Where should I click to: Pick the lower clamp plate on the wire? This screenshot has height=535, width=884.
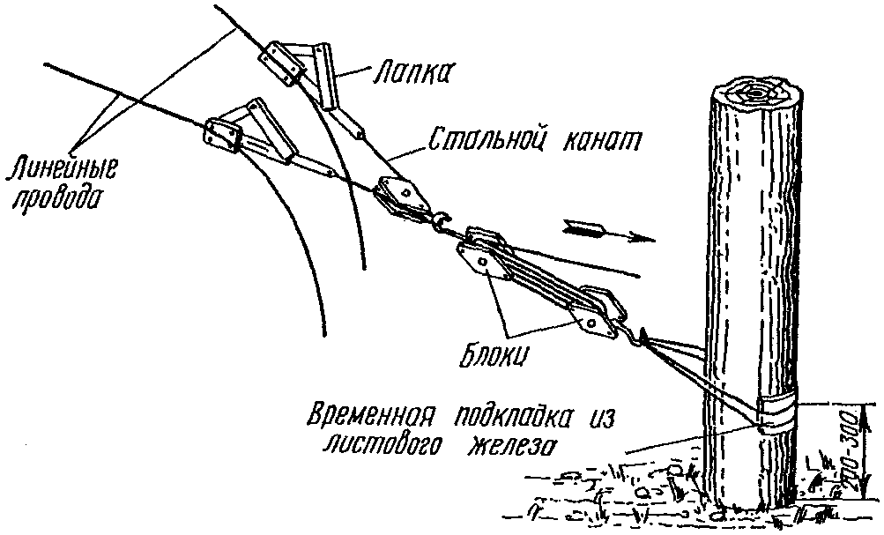(224, 135)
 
